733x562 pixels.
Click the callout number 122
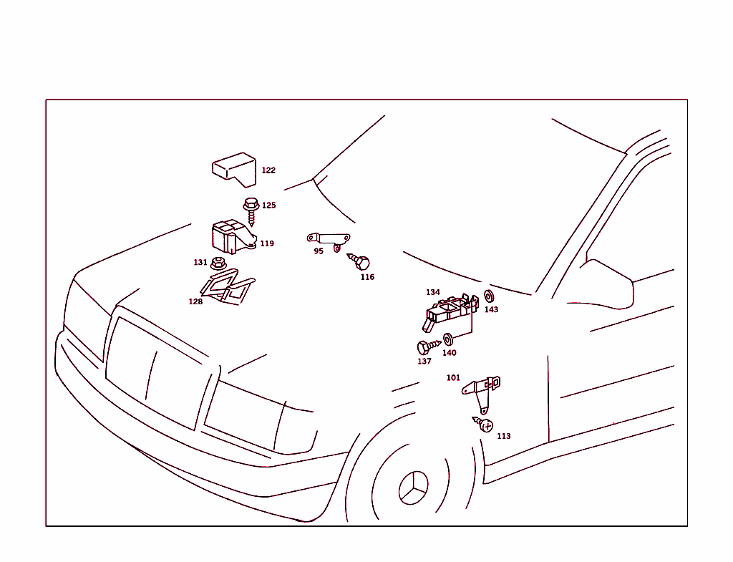268,170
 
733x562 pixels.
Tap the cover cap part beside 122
234,169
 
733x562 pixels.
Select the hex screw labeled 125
251,211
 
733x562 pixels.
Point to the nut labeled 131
218,263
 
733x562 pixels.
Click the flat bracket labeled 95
329,241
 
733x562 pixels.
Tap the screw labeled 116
359,261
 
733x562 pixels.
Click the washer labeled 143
489,296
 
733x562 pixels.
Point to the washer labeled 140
448,339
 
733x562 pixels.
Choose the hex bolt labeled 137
429,347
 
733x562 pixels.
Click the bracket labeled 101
482,392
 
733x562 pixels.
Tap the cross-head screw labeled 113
483,424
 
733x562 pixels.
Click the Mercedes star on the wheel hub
414,488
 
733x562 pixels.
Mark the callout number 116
367,277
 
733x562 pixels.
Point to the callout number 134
433,292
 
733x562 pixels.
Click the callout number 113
503,436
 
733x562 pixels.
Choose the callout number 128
195,302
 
